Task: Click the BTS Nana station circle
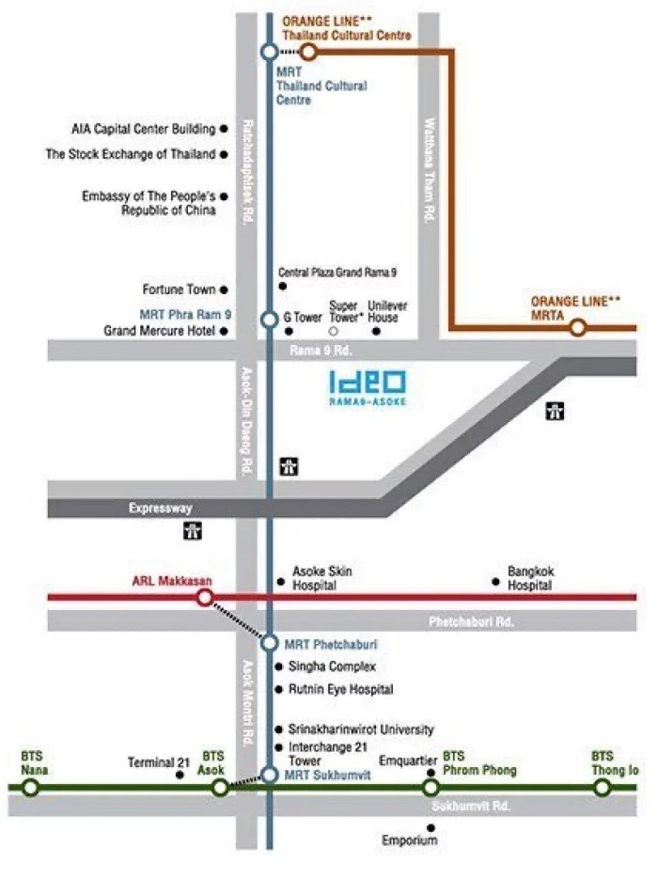tap(31, 787)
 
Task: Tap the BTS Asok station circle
tap(220, 787)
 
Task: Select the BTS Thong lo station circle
tap(603, 787)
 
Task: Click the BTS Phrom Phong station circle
tap(431, 787)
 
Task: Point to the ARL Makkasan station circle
tap(204, 597)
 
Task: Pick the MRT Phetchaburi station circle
tap(270, 643)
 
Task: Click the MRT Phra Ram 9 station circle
tap(270, 320)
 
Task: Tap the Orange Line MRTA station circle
tap(578, 327)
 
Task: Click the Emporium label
tap(409, 840)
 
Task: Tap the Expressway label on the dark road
tap(161, 509)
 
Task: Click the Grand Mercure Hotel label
tap(160, 331)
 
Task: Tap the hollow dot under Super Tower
tap(333, 331)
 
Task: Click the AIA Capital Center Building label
tap(143, 129)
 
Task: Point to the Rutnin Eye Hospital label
tap(334, 689)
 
